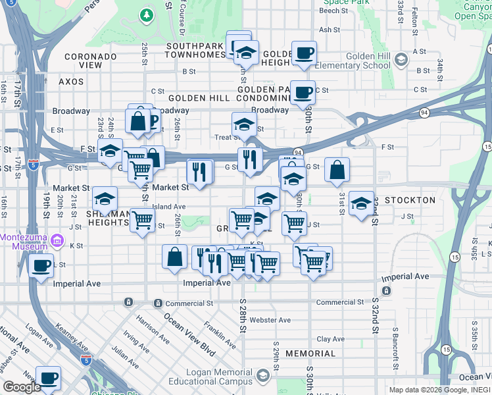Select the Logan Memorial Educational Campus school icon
click(x=263, y=375)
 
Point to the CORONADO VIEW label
click(x=91, y=61)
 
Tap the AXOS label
click(x=71, y=82)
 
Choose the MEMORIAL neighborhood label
click(x=310, y=354)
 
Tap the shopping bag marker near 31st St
click(x=337, y=171)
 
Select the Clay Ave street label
click(x=330, y=339)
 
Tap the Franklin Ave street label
click(x=219, y=334)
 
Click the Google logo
click(x=22, y=387)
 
